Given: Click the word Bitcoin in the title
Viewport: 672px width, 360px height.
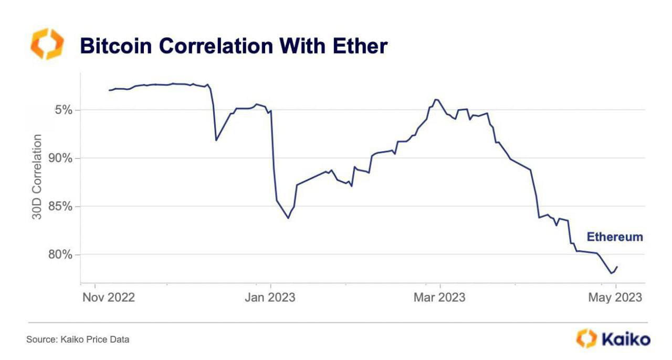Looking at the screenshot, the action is click(x=115, y=46).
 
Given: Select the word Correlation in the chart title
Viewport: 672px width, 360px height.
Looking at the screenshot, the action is click(x=216, y=46).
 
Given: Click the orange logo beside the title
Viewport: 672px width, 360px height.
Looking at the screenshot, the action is click(x=47, y=44).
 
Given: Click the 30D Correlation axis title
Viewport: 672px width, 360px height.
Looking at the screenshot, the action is click(x=37, y=176).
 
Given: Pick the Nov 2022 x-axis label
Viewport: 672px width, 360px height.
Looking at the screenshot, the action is click(x=108, y=298).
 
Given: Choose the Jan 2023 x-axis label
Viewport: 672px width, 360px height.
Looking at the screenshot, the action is click(x=270, y=298).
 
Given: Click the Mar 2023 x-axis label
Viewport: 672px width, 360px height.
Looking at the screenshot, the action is click(x=439, y=298).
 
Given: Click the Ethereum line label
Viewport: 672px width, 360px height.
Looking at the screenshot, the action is click(x=615, y=237).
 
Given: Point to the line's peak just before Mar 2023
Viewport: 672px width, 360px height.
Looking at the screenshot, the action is click(x=435, y=99).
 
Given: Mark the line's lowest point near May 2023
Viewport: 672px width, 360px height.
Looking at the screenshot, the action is click(x=611, y=273).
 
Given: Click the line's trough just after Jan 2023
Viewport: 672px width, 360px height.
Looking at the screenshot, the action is click(x=288, y=218).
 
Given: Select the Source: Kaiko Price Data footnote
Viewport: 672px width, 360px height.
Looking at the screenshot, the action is click(x=78, y=340).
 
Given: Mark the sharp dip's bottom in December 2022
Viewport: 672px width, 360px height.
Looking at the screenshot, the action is click(x=216, y=140).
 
